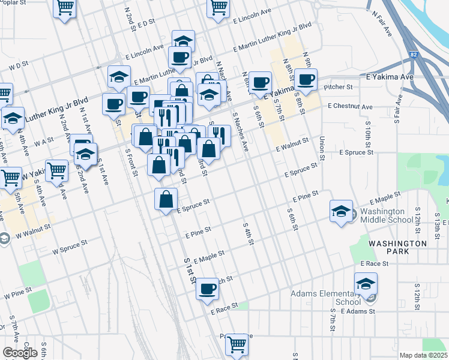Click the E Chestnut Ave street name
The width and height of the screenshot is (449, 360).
click(350, 107)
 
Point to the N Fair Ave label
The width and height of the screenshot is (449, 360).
click(382, 23)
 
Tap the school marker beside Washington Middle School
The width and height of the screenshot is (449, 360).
click(341, 211)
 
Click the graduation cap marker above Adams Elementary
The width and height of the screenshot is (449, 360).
click(366, 284)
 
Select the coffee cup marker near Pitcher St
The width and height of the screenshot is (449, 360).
click(306, 80)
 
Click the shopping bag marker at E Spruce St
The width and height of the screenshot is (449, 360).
click(166, 200)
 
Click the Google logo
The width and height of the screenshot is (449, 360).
click(20, 353)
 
